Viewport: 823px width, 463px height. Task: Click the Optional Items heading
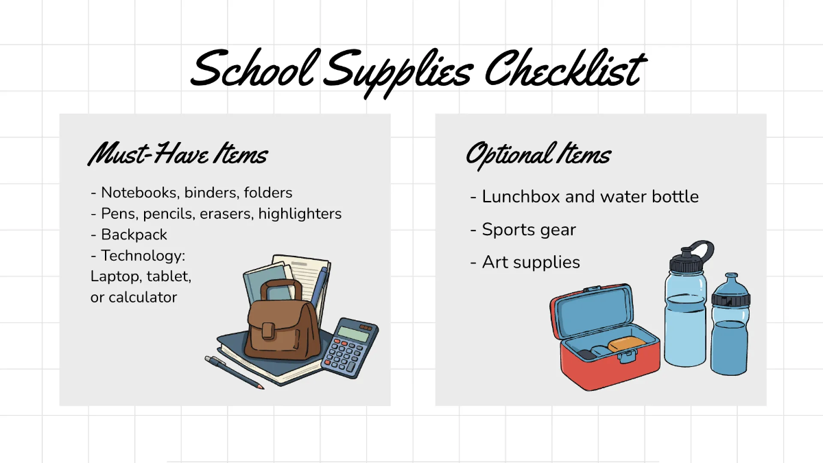(538, 154)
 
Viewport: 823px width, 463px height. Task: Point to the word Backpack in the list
(134, 235)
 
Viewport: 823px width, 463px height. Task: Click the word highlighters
(300, 213)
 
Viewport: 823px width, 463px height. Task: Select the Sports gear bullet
(529, 229)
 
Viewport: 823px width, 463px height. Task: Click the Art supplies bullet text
(531, 262)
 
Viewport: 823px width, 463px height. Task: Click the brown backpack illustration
(281, 326)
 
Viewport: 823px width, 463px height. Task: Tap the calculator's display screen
(353, 334)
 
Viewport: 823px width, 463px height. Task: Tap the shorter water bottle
(730, 329)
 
